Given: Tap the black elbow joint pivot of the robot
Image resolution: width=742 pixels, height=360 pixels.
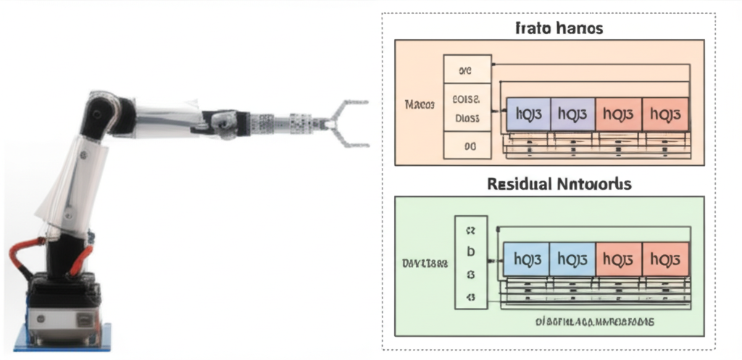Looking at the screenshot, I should (x=99, y=113).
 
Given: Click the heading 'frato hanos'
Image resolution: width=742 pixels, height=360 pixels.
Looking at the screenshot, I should (x=559, y=29).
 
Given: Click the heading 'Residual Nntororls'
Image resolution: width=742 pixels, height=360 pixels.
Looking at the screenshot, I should (x=559, y=184).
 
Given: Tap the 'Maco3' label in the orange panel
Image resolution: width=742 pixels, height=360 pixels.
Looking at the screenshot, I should (x=419, y=104).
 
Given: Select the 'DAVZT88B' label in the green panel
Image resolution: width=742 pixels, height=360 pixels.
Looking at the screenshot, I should (x=425, y=264).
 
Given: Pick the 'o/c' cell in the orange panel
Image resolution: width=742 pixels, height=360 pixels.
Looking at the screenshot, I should (x=466, y=71).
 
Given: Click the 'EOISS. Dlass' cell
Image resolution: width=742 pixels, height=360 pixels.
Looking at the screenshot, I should (x=466, y=109).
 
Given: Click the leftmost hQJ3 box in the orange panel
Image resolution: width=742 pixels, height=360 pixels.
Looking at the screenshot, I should (x=528, y=114).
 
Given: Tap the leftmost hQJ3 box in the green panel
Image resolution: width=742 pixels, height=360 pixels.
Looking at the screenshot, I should (x=526, y=259).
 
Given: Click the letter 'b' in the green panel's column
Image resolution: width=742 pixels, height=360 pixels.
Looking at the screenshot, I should (x=470, y=252).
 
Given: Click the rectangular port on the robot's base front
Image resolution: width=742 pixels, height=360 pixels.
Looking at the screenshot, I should (x=85, y=318).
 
